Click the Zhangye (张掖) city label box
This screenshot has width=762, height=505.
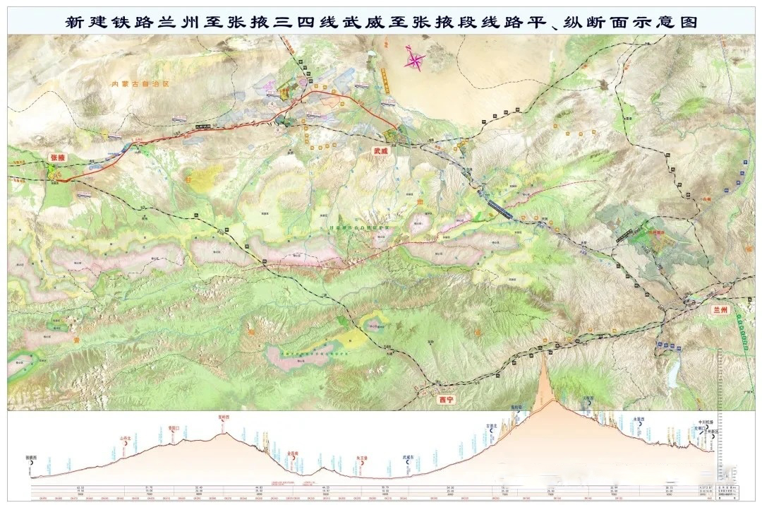tap(56, 158)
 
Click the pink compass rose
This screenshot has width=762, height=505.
tap(415, 59)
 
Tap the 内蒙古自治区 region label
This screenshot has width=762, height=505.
tap(141, 83)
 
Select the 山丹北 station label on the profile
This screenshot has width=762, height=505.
tap(127, 438)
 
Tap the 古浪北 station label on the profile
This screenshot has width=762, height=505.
tap(492, 426)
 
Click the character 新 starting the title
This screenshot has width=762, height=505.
tap(73, 22)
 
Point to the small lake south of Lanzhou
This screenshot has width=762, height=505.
tap(675, 367)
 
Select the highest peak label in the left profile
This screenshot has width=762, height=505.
tap(224, 417)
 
